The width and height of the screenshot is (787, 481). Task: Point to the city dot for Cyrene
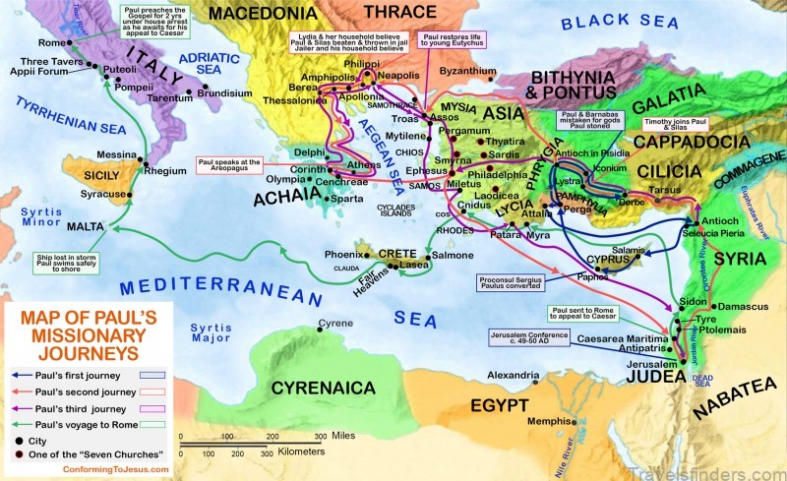tap(319, 326)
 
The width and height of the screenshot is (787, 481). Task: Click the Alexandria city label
tap(508, 375)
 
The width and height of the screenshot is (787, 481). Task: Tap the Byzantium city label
tap(465, 71)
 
